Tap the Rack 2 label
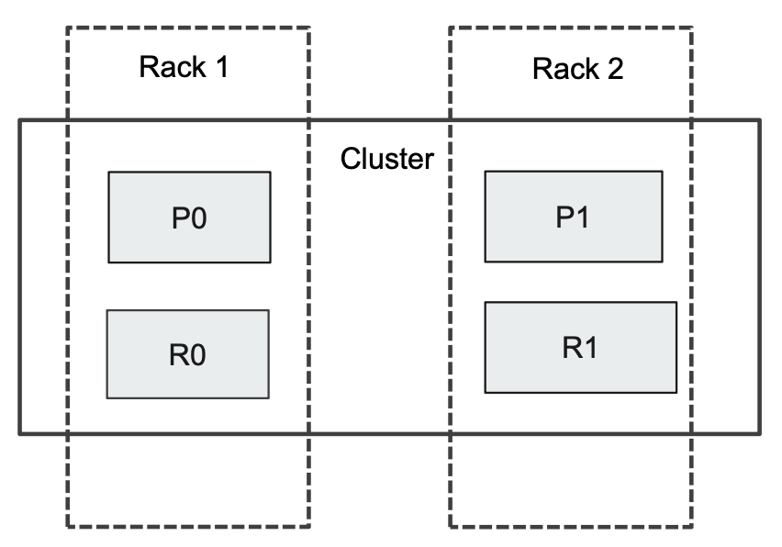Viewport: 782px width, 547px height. (577, 68)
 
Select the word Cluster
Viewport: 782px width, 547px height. (386, 158)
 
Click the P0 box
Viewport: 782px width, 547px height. (189, 218)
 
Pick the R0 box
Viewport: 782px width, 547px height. (187, 354)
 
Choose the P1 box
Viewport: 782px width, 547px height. (574, 216)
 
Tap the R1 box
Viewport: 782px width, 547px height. (580, 347)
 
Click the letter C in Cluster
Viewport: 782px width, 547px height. (351, 158)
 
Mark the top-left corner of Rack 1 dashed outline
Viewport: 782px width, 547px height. (67, 27)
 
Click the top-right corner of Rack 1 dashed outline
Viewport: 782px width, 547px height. (309, 27)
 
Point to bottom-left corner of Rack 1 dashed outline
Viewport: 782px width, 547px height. (67, 528)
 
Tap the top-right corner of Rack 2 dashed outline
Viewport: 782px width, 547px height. (691, 27)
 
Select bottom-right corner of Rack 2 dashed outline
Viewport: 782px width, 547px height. (691, 528)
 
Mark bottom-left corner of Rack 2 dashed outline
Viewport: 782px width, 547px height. (450, 528)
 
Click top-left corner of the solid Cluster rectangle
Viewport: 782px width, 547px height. (19, 120)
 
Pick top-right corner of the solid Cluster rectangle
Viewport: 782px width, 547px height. (760, 120)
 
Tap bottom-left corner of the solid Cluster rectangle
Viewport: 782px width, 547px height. (19, 434)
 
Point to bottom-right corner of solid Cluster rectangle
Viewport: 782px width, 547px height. (760, 434)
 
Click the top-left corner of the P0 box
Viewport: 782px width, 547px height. (108, 172)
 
